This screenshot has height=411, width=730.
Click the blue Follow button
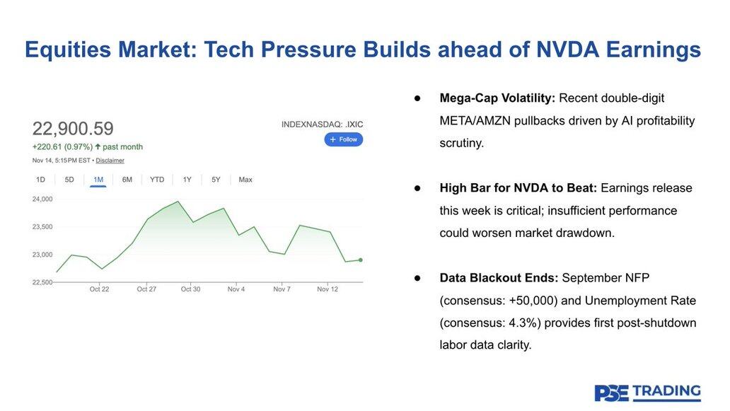click(344, 139)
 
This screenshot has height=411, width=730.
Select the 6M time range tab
click(127, 180)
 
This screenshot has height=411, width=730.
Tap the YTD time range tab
click(157, 180)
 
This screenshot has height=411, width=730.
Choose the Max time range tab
click(245, 180)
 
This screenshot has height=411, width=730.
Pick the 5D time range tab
click(69, 180)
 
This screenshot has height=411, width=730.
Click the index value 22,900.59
click(73, 129)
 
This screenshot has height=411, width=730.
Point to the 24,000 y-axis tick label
click(42, 199)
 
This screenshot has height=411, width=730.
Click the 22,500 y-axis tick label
click(42, 282)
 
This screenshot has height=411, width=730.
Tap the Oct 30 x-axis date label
click(190, 289)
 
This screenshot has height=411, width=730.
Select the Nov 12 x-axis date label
click(328, 289)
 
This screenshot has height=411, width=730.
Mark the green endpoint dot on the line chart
click(361, 260)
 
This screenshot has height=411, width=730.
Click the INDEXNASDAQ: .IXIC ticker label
click(322, 125)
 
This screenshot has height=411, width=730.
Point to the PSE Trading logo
click(647, 393)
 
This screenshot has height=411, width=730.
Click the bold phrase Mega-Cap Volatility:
click(497, 98)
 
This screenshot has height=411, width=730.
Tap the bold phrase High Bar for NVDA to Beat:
click(518, 188)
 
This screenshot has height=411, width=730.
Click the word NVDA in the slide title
click(571, 50)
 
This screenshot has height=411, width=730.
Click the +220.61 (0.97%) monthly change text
click(63, 147)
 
